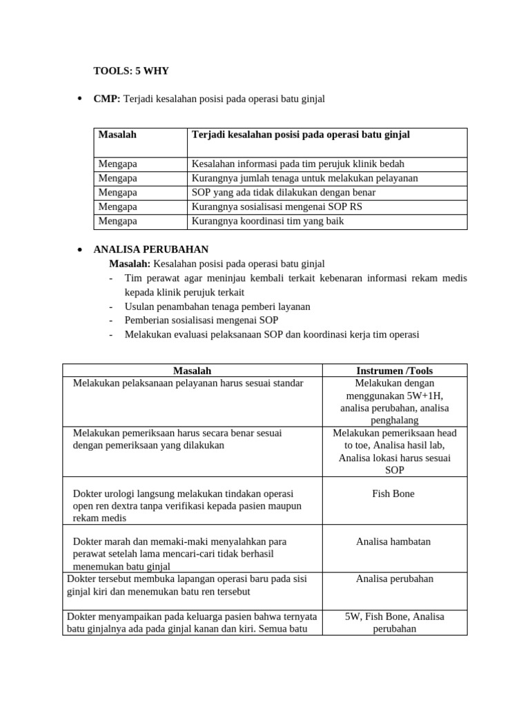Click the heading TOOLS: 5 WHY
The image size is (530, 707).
tap(131, 70)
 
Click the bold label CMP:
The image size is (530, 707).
tap(107, 99)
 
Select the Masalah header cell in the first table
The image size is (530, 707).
tap(117, 135)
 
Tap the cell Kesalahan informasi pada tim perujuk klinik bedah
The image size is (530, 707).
tap(297, 164)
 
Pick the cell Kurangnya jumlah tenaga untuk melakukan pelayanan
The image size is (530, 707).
tap(304, 178)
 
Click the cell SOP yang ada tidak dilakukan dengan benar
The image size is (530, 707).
tap(283, 193)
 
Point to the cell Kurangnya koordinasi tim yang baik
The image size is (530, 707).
tap(267, 222)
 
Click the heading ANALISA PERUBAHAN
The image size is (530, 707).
tap(150, 249)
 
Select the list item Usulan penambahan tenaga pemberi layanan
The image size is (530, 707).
tap(217, 306)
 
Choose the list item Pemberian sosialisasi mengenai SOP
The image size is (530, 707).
tap(202, 320)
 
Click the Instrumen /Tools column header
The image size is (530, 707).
tap(394, 371)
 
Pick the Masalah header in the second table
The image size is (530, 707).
tap(192, 371)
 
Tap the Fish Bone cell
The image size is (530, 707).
tap(393, 494)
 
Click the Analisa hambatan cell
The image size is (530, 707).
tap(393, 541)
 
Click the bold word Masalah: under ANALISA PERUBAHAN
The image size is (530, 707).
tap(130, 264)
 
